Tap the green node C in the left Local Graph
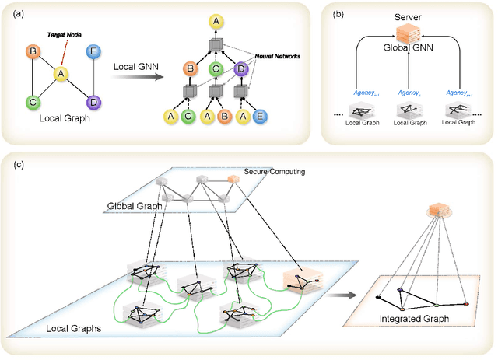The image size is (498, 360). (x=33, y=101)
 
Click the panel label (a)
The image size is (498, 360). (x=14, y=13)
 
